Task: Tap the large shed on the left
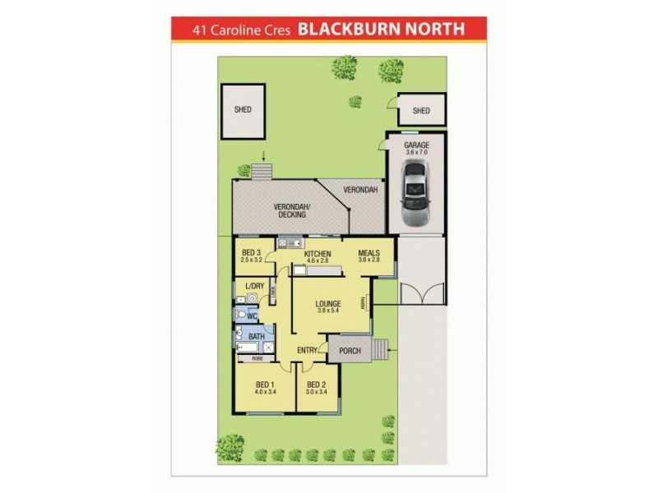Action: pyautogui.click(x=243, y=110)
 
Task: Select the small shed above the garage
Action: pyautogui.click(x=421, y=111)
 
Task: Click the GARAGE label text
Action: pyautogui.click(x=416, y=145)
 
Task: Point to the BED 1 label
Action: pyautogui.click(x=265, y=385)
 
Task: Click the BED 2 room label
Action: pyautogui.click(x=317, y=385)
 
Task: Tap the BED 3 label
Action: pyautogui.click(x=251, y=253)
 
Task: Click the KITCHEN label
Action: pyautogui.click(x=317, y=254)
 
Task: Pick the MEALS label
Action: pyautogui.click(x=369, y=253)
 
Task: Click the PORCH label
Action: pyautogui.click(x=350, y=351)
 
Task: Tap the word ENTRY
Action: pyautogui.click(x=308, y=351)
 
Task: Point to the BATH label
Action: pyautogui.click(x=257, y=336)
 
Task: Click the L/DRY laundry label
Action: pyautogui.click(x=256, y=286)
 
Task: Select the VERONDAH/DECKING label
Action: pyautogui.click(x=292, y=210)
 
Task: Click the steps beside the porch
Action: pyautogui.click(x=380, y=350)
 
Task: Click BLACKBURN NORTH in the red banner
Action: pyautogui.click(x=381, y=30)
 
